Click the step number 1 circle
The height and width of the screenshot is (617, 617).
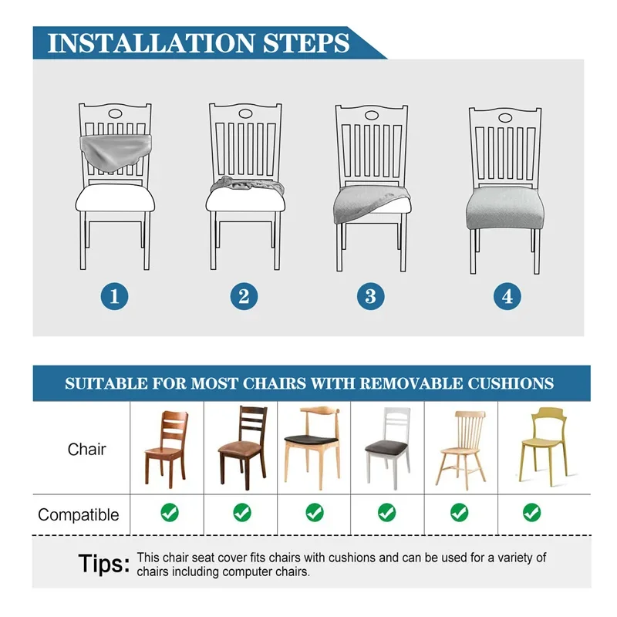click(114, 296)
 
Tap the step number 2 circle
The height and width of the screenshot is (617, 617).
click(244, 296)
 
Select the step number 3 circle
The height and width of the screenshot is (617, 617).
click(371, 296)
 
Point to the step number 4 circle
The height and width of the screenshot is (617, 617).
click(507, 296)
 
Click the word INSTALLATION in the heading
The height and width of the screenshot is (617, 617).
click(151, 43)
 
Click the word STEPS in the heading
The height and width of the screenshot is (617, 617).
click(306, 43)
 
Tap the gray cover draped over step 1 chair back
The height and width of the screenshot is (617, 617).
click(116, 150)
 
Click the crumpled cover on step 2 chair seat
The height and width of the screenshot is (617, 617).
click(247, 185)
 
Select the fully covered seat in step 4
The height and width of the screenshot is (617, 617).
click(504, 207)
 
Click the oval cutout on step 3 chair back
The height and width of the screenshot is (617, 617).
click(372, 116)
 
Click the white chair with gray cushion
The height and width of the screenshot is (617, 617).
click(388, 448)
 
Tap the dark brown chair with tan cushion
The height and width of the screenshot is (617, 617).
click(243, 447)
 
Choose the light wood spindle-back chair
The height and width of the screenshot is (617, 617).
click(461, 450)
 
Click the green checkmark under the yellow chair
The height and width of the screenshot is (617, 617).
click(531, 512)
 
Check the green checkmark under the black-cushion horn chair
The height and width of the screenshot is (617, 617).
click(315, 512)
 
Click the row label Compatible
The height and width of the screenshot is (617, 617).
click(79, 514)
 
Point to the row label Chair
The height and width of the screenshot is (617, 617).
click(86, 449)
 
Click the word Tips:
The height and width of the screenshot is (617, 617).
click(104, 564)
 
